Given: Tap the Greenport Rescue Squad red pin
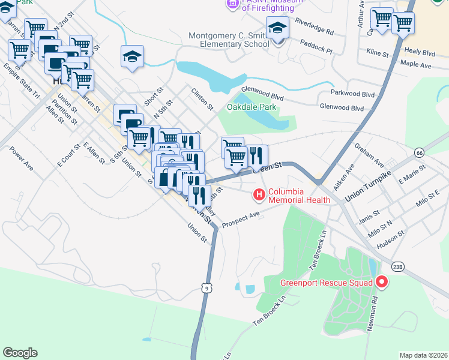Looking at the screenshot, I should click(x=381, y=281).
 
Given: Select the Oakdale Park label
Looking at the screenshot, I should click(x=252, y=107).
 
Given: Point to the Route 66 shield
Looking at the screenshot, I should click(x=418, y=154).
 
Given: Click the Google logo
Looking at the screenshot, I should click(x=20, y=353).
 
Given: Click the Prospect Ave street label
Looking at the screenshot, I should click(x=241, y=220).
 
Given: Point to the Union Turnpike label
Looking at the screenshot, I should click(x=369, y=190).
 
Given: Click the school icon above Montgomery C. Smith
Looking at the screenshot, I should click(x=277, y=28).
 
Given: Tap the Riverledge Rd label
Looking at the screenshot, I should click(x=315, y=29).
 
